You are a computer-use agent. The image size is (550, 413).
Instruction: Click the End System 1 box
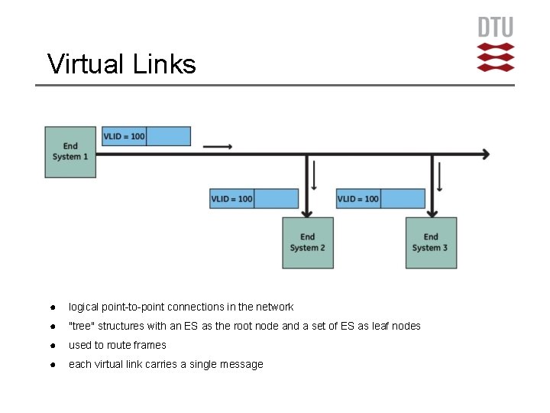70,151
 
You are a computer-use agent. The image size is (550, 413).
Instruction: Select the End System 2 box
308,242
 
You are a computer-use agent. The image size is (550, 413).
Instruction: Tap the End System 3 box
431,242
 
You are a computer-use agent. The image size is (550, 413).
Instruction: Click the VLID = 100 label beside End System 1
125,137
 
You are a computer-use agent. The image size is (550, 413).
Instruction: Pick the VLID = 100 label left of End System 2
232,199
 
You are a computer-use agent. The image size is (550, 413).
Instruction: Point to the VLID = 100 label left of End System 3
358,199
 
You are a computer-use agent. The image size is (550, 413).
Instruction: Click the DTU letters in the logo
496,28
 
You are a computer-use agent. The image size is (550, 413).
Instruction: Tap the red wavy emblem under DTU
496,57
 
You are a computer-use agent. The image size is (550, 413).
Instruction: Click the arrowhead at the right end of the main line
484,154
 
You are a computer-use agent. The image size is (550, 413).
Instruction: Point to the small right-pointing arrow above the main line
218,146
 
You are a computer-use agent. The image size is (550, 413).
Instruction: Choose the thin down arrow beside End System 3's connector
439,175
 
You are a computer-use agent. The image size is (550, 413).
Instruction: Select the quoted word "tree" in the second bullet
82,326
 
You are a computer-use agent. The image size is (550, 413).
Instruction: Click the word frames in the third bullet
150,345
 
